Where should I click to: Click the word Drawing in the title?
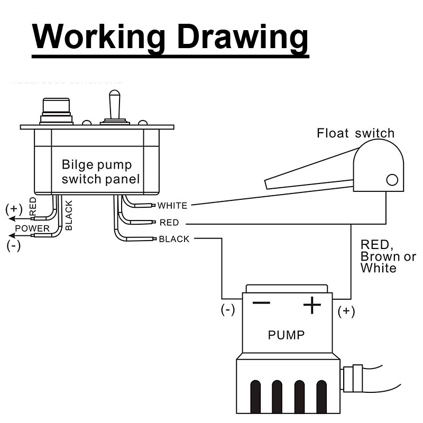click(x=242, y=37)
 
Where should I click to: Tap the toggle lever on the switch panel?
click(x=114, y=106)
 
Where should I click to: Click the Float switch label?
click(x=355, y=133)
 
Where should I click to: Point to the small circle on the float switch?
click(x=392, y=180)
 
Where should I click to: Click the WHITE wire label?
click(x=172, y=205)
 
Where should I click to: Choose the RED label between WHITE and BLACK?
click(x=169, y=223)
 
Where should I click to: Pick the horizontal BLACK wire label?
click(x=174, y=239)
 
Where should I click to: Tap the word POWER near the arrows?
click(x=32, y=228)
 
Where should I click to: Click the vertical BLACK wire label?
click(x=69, y=215)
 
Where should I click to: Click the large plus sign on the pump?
click(x=312, y=305)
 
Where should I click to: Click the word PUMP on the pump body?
click(x=286, y=335)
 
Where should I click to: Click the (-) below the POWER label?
click(x=14, y=245)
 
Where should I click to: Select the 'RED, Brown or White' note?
click(x=388, y=256)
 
